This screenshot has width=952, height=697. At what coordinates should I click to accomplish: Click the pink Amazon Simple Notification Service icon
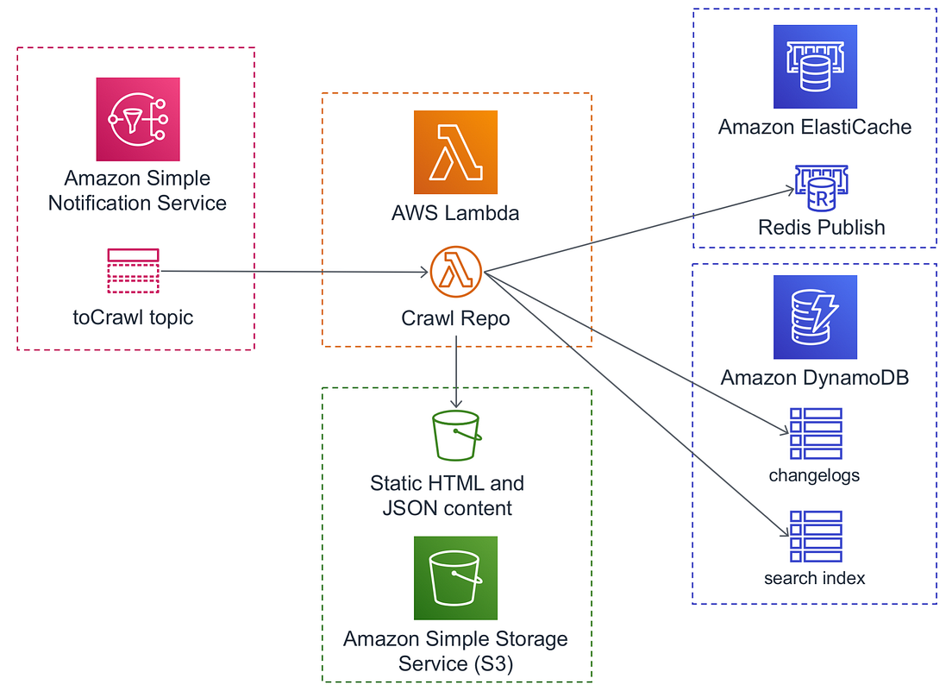137,118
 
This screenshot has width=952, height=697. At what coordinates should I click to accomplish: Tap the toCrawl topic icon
133,271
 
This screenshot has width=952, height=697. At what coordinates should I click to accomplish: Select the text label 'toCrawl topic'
133,317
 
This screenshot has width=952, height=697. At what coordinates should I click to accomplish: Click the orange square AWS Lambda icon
455,152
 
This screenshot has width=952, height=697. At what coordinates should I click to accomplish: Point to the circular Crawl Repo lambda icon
455,272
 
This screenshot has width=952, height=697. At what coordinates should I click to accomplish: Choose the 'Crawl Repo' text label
455,318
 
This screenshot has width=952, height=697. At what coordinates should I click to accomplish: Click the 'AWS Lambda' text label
455,212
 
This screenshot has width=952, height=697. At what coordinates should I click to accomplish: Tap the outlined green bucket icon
455,436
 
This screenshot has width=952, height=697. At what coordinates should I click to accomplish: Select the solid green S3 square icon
455,578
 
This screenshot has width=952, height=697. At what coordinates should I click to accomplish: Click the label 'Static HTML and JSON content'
447,495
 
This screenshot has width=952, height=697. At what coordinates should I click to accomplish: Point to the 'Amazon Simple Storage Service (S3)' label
455,651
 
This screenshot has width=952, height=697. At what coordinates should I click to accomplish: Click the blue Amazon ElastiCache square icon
815,66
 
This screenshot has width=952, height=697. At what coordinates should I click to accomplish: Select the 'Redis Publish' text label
821,228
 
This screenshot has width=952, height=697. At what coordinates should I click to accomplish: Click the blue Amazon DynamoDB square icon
815,317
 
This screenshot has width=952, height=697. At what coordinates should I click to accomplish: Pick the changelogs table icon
815,434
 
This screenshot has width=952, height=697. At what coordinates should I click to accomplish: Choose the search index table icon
815,537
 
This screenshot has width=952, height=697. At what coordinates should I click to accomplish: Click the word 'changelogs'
814,475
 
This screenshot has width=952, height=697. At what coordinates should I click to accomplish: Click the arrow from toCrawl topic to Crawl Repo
293,273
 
